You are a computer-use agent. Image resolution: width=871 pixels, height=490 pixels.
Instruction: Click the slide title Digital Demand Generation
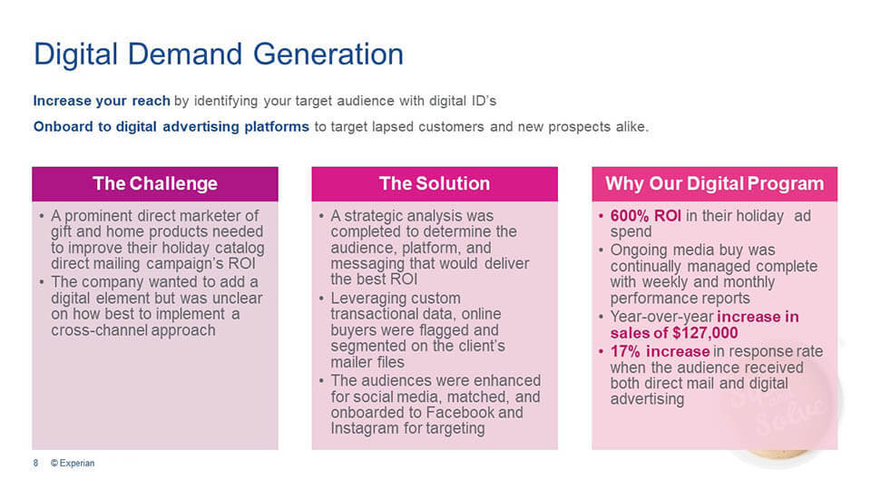click(219, 54)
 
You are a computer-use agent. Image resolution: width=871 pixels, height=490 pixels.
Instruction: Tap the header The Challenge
click(155, 183)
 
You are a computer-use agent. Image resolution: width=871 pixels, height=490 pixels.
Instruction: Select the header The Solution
click(435, 183)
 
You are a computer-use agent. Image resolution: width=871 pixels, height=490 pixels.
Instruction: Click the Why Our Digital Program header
click(714, 183)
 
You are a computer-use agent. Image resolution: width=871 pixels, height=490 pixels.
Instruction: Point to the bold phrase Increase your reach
click(102, 101)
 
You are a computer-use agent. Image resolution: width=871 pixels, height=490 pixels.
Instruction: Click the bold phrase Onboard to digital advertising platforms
click(171, 127)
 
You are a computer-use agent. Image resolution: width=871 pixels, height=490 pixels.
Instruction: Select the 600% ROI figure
click(645, 216)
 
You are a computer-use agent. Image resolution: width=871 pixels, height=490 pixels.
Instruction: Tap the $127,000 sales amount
click(705, 333)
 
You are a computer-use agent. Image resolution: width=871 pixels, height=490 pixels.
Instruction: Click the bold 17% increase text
click(660, 351)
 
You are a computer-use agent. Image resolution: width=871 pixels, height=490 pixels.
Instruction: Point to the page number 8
click(35, 463)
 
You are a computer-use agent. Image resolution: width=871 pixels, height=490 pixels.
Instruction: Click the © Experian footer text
click(73, 463)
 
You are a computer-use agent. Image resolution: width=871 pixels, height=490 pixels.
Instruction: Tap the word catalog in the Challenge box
click(240, 248)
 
